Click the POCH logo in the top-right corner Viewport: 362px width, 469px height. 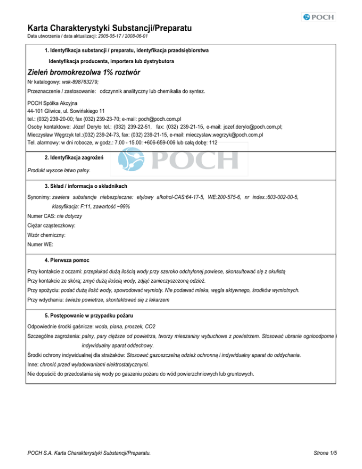318,17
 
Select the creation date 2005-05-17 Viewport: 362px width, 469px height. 111,36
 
